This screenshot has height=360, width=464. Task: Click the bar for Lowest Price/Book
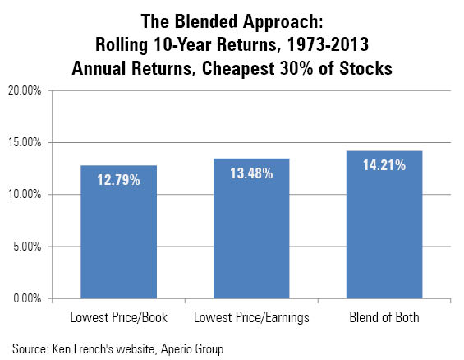118,232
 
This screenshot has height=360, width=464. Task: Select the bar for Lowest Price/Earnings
251,228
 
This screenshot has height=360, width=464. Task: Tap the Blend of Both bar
384,224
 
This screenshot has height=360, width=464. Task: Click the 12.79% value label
118,180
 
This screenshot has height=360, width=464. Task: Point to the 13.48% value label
251,173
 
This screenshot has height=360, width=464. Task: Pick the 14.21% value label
384,165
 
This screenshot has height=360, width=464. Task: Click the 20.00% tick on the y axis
25,90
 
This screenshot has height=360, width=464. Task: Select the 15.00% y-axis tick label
25,142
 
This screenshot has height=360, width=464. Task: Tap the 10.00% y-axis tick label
25,195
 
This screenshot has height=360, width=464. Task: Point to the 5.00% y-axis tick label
27,247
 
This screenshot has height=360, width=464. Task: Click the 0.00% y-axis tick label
27,298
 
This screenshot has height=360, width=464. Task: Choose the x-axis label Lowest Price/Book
118,317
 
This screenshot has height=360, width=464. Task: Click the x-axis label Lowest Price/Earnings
251,318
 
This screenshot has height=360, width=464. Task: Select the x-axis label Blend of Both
384,317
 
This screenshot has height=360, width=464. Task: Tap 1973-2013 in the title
328,44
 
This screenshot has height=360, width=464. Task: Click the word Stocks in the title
365,68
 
